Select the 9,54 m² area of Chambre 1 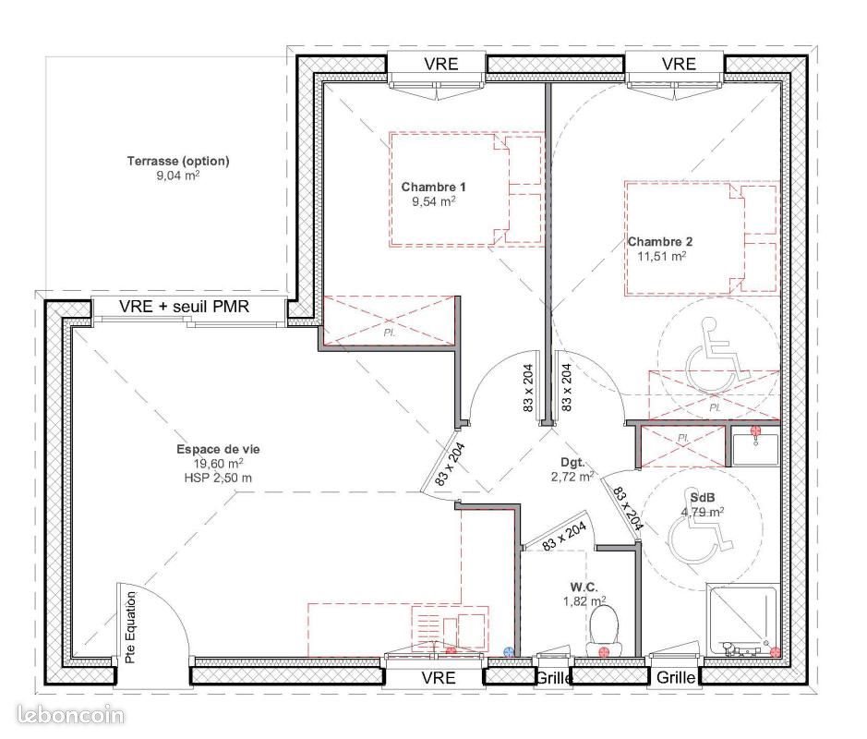(433, 201)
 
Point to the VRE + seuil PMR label (185, 308)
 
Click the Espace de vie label (218, 449)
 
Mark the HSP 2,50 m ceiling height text (218, 478)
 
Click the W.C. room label (584, 586)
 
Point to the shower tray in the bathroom (741, 617)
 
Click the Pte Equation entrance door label (130, 628)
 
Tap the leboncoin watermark (71, 715)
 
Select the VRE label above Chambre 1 (437, 64)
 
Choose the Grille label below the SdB (676, 677)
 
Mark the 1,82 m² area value (584, 601)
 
